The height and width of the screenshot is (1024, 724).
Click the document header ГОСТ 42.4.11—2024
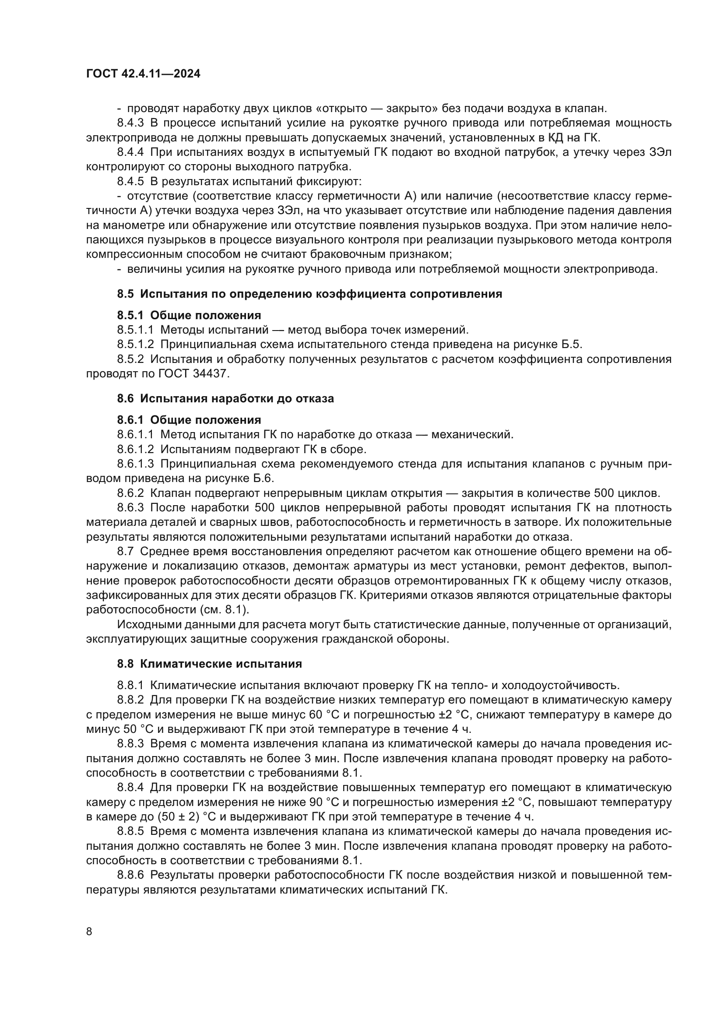[143, 74]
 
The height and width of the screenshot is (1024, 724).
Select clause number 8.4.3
[130, 123]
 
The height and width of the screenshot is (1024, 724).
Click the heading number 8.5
[125, 294]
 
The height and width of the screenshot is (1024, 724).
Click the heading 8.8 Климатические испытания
[210, 664]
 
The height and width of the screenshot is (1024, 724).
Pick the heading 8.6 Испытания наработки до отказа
[225, 398]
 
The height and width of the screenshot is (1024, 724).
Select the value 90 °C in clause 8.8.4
[324, 802]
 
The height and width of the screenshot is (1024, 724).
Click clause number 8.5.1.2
[136, 344]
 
